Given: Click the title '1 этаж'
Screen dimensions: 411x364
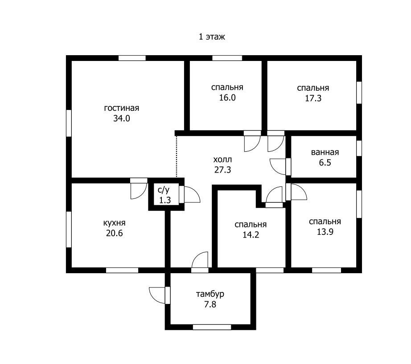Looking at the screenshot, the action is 212,36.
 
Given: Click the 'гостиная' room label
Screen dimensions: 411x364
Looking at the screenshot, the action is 122,108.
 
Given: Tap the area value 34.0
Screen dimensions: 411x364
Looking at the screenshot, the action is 122,118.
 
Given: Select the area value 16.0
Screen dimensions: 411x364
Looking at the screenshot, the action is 227,97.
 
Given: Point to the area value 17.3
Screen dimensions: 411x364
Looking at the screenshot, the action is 313,98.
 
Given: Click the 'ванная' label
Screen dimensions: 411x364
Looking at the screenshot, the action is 325,152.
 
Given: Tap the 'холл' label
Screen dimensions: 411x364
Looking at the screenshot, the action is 222,159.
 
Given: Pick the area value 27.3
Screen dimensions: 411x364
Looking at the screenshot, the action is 222,170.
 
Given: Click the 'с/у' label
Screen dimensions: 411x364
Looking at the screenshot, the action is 164,190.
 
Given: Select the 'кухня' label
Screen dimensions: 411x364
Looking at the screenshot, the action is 114,223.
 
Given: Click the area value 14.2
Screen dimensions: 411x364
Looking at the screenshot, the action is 251,235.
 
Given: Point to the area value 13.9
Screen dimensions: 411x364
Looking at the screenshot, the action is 325,232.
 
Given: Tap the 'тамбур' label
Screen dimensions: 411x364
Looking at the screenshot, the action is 210,294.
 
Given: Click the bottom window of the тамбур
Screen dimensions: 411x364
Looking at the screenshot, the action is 212,327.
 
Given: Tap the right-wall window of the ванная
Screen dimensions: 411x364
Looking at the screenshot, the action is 359,148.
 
